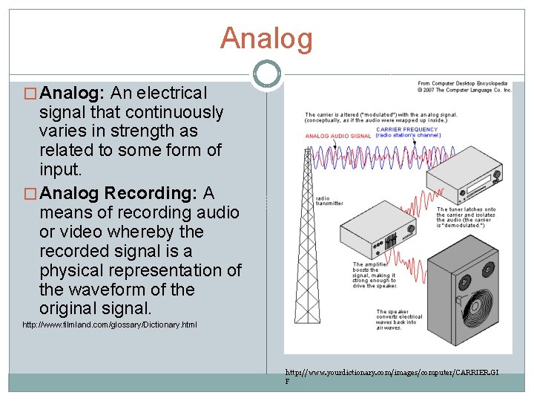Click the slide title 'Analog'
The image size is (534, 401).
click(266, 39)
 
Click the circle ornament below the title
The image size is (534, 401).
click(266, 74)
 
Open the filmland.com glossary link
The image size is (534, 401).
click(110, 325)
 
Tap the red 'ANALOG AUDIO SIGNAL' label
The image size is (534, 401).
click(338, 137)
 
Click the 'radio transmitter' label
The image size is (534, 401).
click(329, 201)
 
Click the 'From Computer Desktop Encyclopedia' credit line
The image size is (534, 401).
click(463, 84)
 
